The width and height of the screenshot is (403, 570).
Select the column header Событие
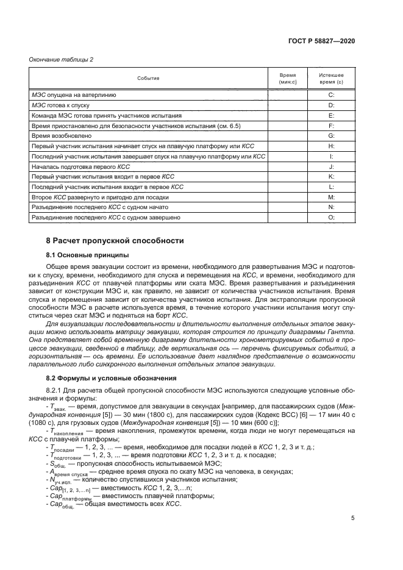click(x=148, y=78)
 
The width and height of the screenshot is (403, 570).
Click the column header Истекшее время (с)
click(x=331, y=78)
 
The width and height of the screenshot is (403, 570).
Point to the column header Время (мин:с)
click(x=287, y=78)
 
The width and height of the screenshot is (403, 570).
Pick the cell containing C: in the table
click(x=331, y=96)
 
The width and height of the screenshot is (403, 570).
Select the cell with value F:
click(x=331, y=125)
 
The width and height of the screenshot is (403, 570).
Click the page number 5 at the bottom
click(x=353, y=519)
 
